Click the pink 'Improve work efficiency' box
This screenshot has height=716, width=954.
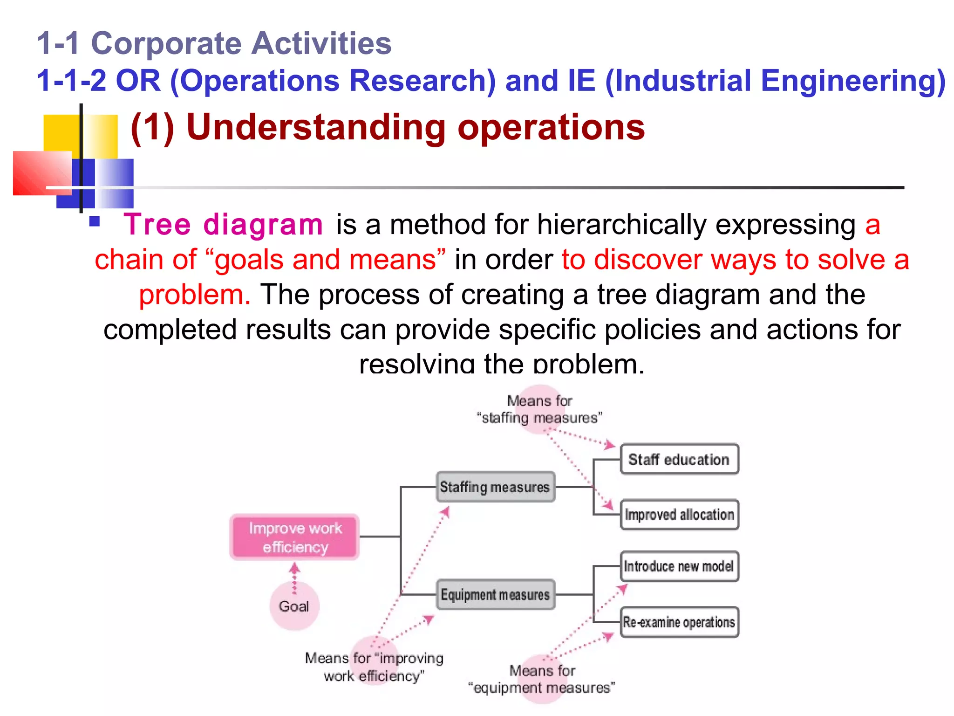pos(294,537)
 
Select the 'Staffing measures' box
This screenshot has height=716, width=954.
pos(495,487)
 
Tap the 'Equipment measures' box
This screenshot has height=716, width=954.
pos(495,594)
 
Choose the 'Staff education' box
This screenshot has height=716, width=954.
pos(679,459)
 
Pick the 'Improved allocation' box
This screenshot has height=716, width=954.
pos(679,515)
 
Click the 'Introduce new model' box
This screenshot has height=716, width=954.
pos(679,566)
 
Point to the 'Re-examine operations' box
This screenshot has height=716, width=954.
pos(679,622)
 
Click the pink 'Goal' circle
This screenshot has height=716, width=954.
pos(294,606)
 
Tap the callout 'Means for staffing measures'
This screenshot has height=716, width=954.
pos(539,409)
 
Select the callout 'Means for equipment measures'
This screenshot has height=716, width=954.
pos(542,679)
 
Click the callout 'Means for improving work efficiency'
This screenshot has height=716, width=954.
pos(374,667)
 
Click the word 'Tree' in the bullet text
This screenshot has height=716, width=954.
pos(157,224)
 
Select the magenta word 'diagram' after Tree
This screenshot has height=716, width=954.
pos(263,224)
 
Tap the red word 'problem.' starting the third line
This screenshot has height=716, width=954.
pos(195,295)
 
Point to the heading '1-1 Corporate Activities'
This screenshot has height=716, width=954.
pos(214,43)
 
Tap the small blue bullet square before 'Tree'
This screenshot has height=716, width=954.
pos(95,221)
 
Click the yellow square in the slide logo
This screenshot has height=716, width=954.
pos(61,133)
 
